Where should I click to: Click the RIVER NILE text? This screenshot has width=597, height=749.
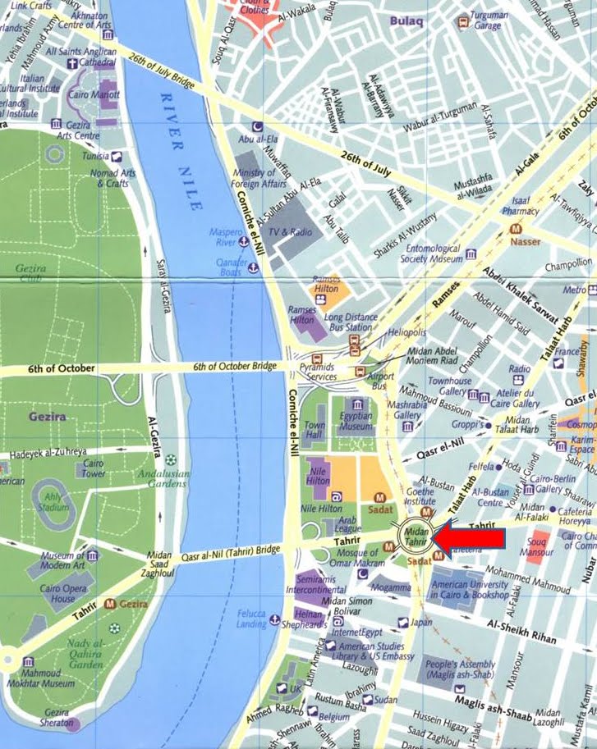click(x=181, y=151)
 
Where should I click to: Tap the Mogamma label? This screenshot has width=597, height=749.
click(x=390, y=587)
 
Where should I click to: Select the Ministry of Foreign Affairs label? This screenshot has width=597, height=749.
click(x=255, y=178)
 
